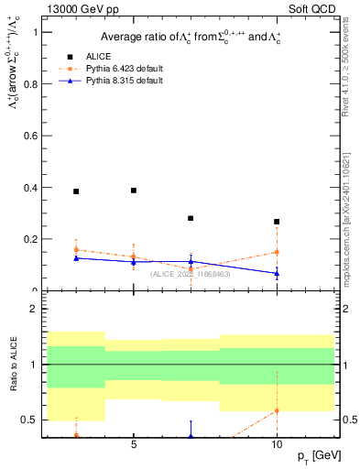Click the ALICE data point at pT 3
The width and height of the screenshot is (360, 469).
(76, 191)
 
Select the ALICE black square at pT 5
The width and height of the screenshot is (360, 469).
(134, 191)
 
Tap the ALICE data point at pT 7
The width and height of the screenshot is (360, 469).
(191, 218)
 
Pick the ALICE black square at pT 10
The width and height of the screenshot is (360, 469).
(277, 222)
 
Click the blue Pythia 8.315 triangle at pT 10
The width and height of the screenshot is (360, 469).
(277, 273)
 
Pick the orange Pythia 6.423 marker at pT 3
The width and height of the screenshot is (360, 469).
(76, 250)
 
